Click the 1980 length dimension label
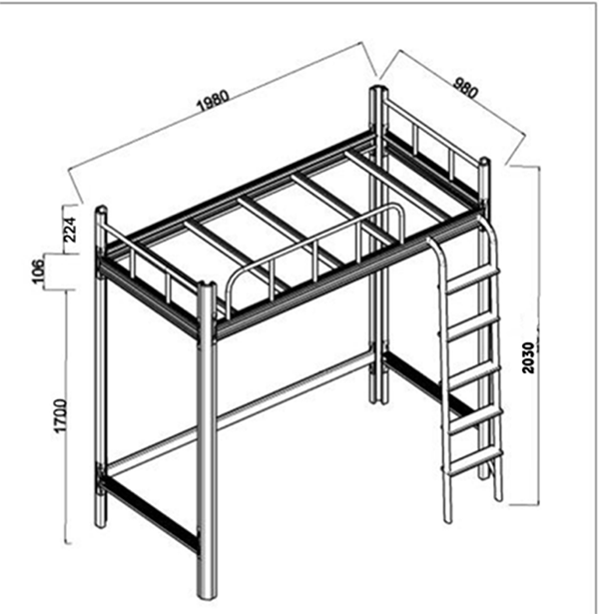214,101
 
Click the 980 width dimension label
465,88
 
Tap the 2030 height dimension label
528,357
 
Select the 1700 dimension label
61,415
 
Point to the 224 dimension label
70,230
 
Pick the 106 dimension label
38,271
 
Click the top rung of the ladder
473,281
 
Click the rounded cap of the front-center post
207,287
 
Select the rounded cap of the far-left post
101,210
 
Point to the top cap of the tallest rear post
378,90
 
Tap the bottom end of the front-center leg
206,596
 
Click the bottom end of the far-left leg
101,524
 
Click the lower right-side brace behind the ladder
428,385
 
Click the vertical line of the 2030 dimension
539,335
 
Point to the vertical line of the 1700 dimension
67,416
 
